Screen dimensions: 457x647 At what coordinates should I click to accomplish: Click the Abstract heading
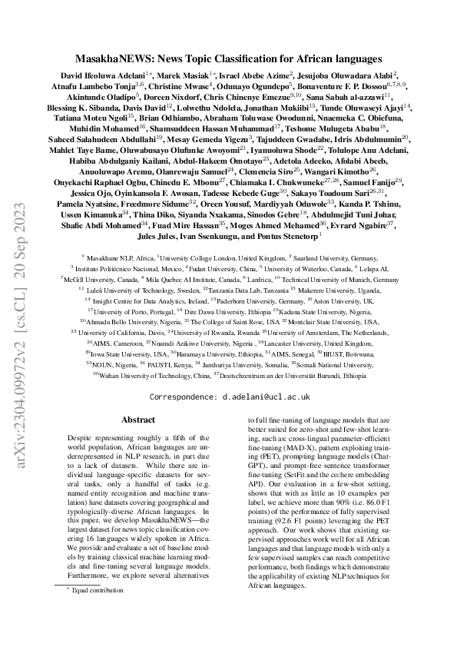pyautogui.click(x=138, y=420)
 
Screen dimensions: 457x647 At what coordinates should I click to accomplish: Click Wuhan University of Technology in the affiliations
pyautogui.click(x=147, y=375)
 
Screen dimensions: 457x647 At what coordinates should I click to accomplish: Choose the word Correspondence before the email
pyautogui.click(x=183, y=396)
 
